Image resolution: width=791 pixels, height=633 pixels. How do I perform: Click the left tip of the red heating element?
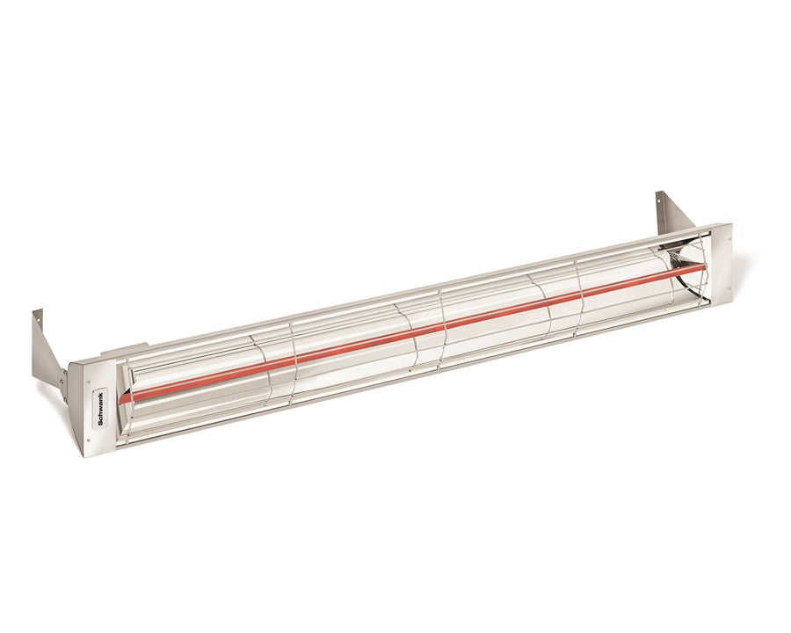point(124,397)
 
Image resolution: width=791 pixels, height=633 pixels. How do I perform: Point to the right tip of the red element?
point(702,267)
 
